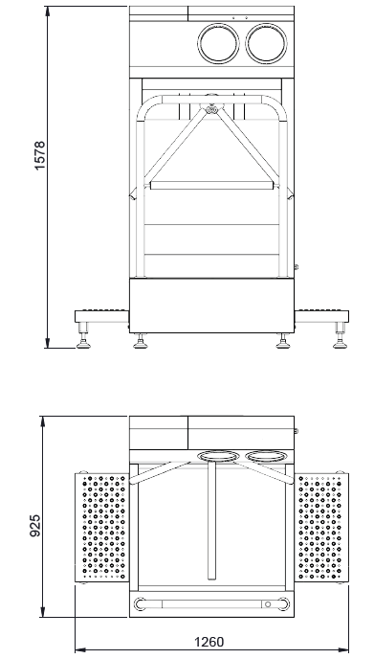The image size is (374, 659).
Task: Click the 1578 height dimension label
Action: tap(40, 155)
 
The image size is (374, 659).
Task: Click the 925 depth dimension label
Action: tap(35, 525)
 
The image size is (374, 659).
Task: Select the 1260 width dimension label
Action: tap(209, 642)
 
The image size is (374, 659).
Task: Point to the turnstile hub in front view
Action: tap(211, 110)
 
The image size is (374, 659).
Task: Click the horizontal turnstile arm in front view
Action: tap(212, 186)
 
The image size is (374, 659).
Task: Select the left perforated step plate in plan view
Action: tap(102, 528)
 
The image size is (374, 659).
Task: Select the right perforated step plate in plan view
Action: tap(321, 528)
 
